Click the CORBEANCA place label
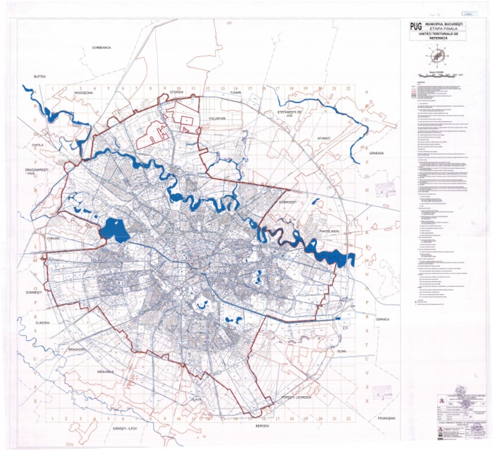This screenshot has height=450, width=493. coord(101,47)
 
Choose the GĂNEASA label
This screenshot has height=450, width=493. coord(376,153)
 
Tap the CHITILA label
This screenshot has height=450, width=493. coord(37,146)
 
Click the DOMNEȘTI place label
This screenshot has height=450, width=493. coord(33,292)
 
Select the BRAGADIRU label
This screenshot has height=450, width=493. coord(77,349)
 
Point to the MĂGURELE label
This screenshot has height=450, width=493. coord(106,371)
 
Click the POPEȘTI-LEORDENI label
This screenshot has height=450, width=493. coord(296,398)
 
